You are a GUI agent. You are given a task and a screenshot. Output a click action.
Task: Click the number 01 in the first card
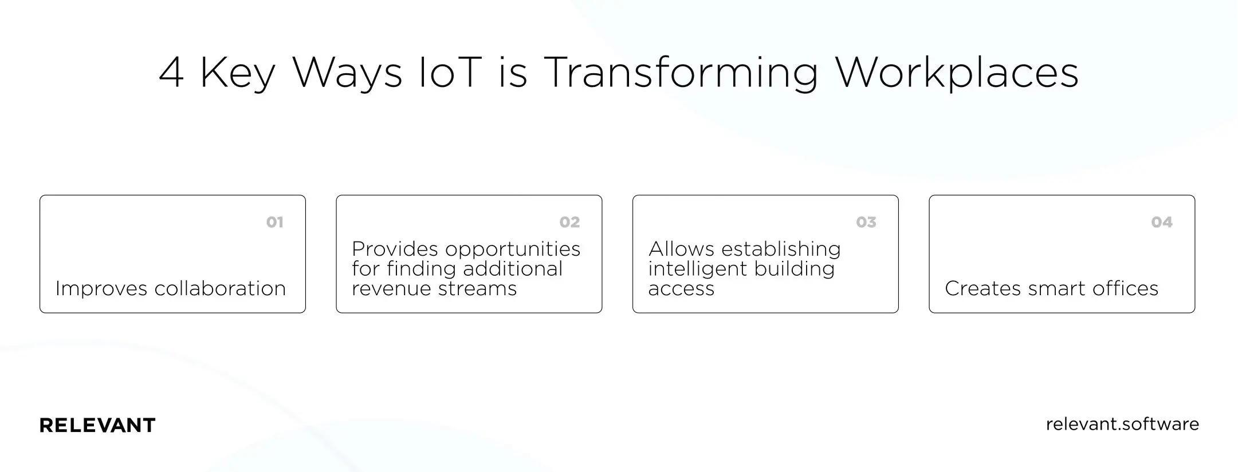click(274, 222)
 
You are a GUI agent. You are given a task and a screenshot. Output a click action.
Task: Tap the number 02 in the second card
click(569, 222)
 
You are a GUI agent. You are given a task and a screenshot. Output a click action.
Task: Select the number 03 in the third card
click(866, 222)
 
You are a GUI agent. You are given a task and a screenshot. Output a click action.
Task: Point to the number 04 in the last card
click(1162, 222)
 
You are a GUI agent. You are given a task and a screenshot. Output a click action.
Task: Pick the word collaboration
click(220, 288)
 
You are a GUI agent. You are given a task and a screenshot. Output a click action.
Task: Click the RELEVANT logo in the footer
click(97, 425)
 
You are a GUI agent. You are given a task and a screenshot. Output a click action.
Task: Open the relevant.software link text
click(1122, 424)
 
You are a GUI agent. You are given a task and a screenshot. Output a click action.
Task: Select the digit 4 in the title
click(171, 73)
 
